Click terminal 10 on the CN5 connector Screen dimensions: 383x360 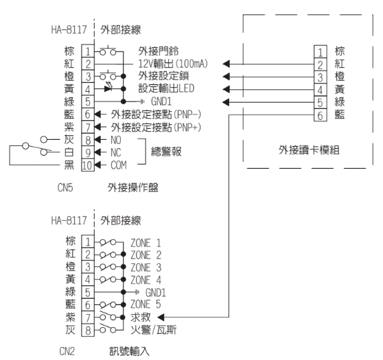click(x=88, y=165)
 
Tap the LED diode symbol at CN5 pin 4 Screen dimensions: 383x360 click(x=108, y=87)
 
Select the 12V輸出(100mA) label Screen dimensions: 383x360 click(x=173, y=64)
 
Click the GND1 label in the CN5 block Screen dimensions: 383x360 click(x=161, y=101)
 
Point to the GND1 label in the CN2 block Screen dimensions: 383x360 click(x=156, y=292)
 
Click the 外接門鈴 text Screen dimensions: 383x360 click(x=159, y=51)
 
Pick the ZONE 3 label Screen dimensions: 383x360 click(x=146, y=267)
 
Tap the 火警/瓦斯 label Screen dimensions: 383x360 click(x=153, y=330)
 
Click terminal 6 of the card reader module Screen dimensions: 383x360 click(x=321, y=115)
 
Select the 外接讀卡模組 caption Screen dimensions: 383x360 click(x=309, y=149)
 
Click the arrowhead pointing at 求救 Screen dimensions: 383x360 click(x=161, y=317)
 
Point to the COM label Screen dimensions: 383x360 click(x=119, y=165)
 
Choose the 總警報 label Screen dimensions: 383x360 click(x=166, y=152)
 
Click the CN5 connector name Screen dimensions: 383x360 click(x=65, y=187)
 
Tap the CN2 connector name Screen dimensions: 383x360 click(x=67, y=351)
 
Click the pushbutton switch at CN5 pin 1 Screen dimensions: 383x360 click(x=108, y=51)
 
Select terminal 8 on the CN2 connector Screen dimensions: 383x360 click(x=88, y=330)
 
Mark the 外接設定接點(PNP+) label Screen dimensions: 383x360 click(x=156, y=127)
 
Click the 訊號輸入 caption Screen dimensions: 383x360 click(x=129, y=351)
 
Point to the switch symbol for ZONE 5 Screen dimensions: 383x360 click(x=108, y=304)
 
